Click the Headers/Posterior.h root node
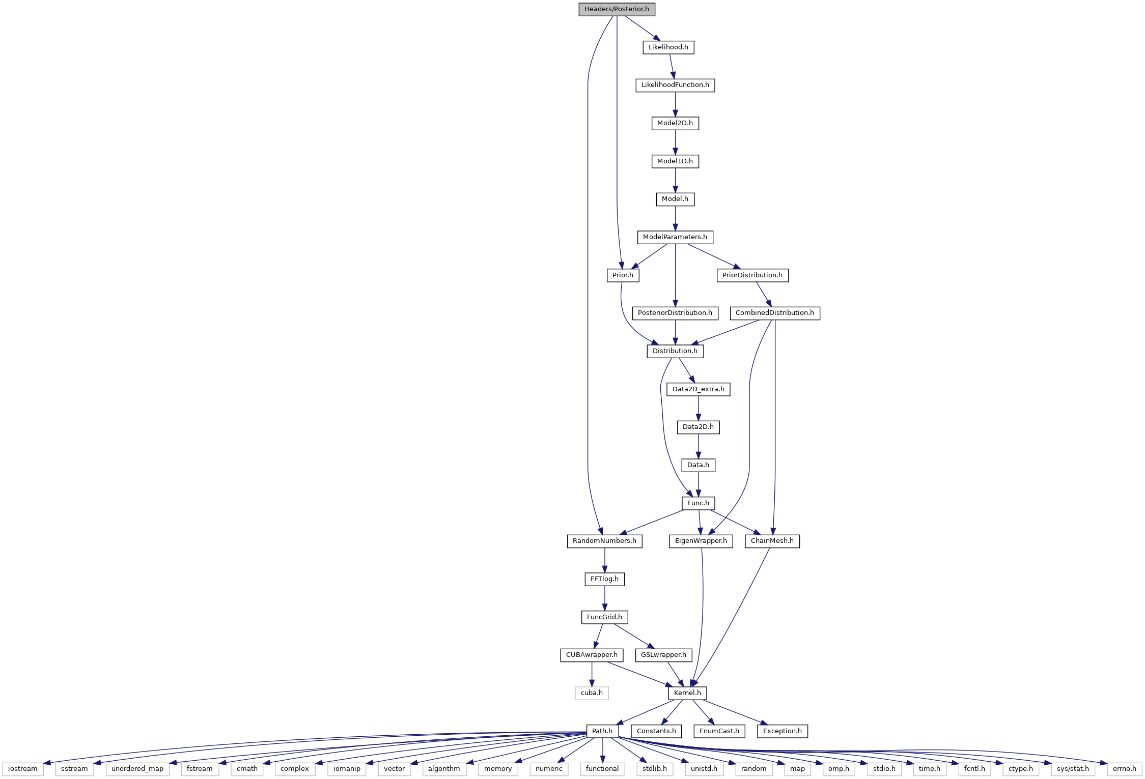point(617,9)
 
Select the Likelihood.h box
point(668,47)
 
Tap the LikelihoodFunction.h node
point(675,85)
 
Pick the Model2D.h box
point(675,123)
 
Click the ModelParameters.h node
point(675,237)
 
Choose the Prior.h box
point(623,275)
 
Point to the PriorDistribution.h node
point(752,275)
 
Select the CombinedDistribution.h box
point(775,313)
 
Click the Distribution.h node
point(675,351)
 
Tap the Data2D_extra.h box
point(699,389)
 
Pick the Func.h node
point(699,503)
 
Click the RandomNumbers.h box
point(604,541)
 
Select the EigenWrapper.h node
point(701,541)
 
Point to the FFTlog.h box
point(604,579)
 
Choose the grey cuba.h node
point(592,693)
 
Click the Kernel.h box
point(687,693)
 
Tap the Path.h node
point(602,731)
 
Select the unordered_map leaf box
point(137,769)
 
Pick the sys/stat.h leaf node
point(1073,769)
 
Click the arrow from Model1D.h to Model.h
point(675,180)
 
